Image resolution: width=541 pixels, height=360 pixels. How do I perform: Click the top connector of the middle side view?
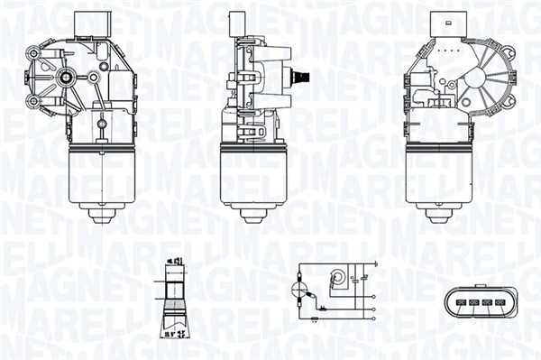(239, 26)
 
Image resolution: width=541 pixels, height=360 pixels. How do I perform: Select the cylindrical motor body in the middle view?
(253, 174)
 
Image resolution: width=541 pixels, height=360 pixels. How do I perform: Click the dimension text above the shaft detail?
(175, 263)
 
